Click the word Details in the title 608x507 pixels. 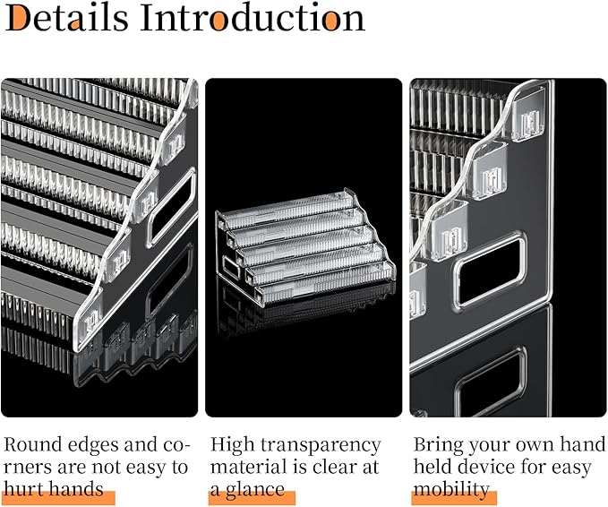tap(66, 17)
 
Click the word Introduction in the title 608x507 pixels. tap(253, 17)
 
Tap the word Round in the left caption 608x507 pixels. tap(32, 444)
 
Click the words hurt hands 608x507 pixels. tap(54, 488)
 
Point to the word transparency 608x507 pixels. tap(321, 446)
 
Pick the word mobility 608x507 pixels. tap(451, 490)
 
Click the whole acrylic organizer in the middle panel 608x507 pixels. tap(305, 248)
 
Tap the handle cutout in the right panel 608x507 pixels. tap(489, 270)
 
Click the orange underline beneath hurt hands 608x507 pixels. tap(59, 498)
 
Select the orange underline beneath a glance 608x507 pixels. tap(252, 498)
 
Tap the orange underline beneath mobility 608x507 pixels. tap(454, 498)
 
